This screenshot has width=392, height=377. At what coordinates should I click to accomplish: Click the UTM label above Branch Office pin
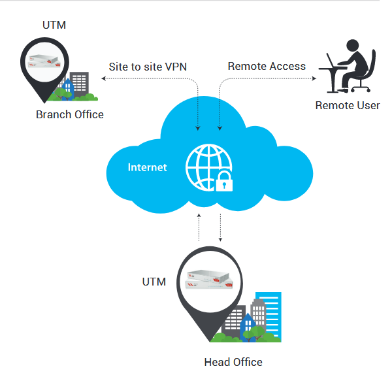(x=53, y=26)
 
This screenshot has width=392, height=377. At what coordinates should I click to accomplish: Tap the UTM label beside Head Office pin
(x=154, y=282)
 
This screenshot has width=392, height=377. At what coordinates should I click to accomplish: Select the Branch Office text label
(x=69, y=114)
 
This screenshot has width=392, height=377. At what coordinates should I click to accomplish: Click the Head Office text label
(x=233, y=361)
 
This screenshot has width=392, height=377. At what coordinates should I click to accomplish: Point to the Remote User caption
(x=348, y=105)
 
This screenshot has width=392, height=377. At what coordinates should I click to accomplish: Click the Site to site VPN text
(x=148, y=66)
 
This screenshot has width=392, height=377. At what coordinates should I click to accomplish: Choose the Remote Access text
(x=267, y=66)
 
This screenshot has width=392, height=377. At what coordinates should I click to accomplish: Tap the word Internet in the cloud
(x=147, y=167)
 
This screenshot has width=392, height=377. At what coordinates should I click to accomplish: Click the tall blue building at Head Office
(x=269, y=314)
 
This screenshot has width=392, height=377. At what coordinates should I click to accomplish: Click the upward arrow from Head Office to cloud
(x=199, y=220)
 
